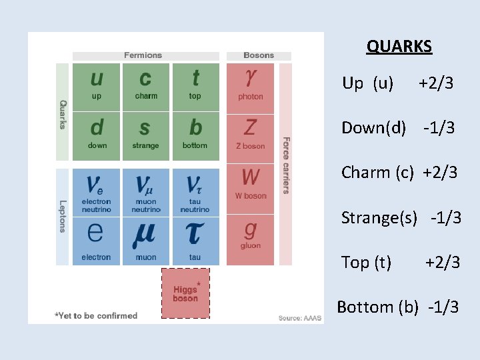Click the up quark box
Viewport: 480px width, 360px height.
click(x=97, y=87)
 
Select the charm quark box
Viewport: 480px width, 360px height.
click(x=146, y=87)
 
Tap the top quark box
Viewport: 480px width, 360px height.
click(x=195, y=87)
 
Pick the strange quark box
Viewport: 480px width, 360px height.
click(x=146, y=136)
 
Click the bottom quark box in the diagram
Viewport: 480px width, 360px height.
click(x=195, y=136)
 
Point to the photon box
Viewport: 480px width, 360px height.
click(x=251, y=87)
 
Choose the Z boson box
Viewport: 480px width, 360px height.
click(x=251, y=136)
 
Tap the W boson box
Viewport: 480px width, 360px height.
click(x=251, y=188)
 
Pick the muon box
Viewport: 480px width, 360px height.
click(x=146, y=240)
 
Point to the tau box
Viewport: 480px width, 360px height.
click(x=195, y=240)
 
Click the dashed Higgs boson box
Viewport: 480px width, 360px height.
click(x=185, y=293)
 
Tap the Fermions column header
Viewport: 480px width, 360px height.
click(x=143, y=55)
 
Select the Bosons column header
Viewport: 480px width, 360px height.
click(x=258, y=55)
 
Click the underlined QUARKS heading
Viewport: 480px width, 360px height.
click(x=399, y=47)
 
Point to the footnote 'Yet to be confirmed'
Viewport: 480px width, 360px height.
click(x=96, y=315)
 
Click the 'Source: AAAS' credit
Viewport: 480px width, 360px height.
click(x=299, y=318)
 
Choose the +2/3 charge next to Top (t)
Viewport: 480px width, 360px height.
click(x=443, y=262)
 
